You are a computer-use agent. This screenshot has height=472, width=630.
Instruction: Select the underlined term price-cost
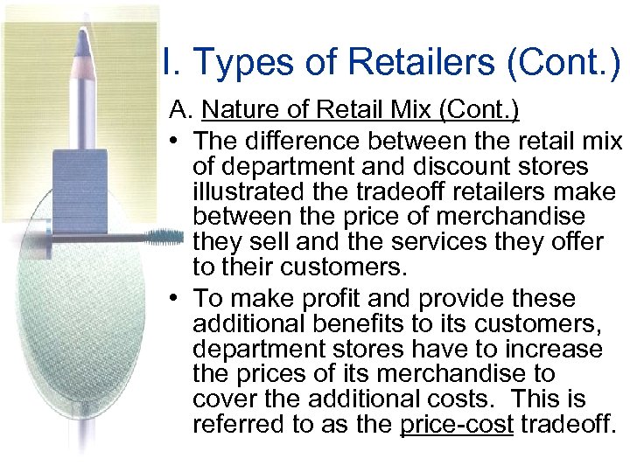457,425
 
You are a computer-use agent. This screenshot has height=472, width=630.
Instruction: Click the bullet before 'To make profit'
176,299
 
